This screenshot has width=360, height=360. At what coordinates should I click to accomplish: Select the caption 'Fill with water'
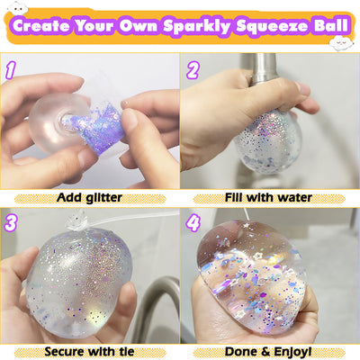tap(269, 196)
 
